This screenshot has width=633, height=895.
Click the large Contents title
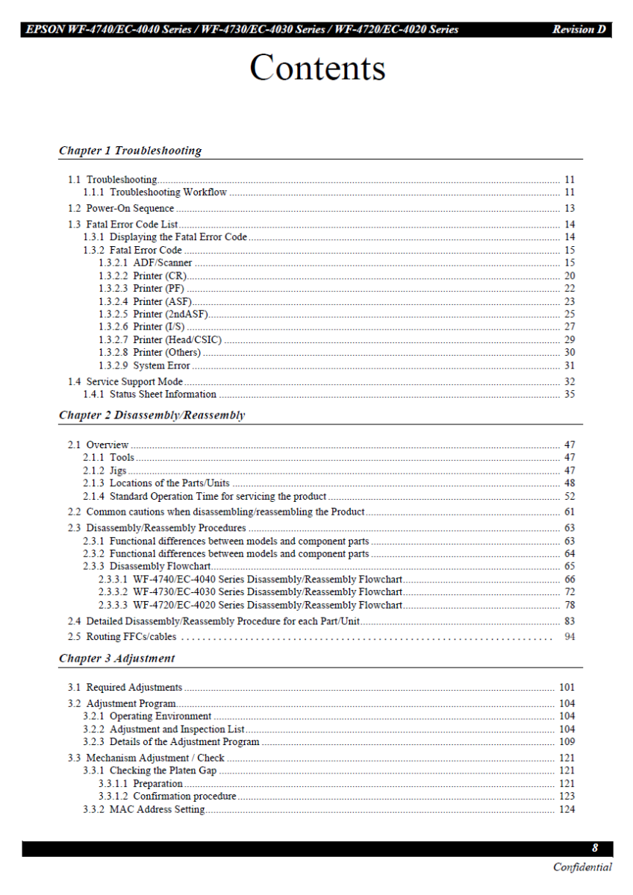point(317,68)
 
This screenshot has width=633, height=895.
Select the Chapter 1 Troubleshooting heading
point(130,151)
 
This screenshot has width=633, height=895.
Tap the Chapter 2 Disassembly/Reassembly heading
point(152,415)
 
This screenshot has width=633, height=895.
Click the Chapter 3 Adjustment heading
point(116,659)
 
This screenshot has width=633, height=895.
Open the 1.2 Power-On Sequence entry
point(121,209)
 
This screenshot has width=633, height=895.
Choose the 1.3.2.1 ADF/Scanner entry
point(146,263)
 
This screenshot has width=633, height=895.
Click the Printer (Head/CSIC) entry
point(160,340)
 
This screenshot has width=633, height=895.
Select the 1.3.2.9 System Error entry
point(145,366)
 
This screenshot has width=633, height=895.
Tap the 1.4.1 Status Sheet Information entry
point(150,395)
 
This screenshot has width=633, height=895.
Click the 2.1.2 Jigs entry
point(105,471)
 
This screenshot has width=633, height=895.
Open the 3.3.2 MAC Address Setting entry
point(144,810)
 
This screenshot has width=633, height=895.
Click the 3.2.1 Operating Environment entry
point(148,717)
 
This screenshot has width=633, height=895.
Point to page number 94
point(570,637)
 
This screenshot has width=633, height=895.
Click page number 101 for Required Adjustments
point(567,688)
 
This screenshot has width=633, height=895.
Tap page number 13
point(570,209)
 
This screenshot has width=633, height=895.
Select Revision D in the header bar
point(579,30)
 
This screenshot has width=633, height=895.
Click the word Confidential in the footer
point(582,867)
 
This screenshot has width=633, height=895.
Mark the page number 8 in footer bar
point(595,849)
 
